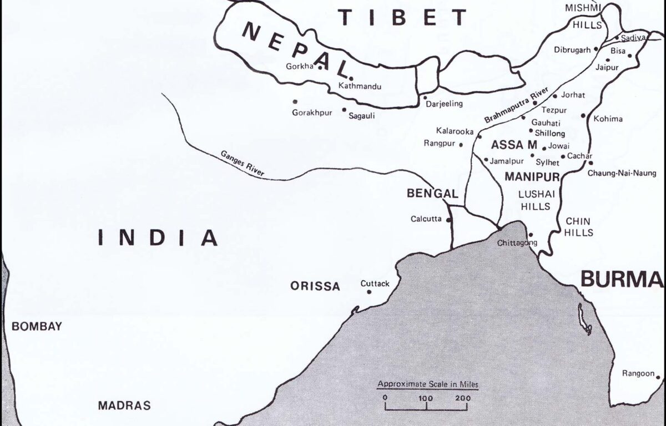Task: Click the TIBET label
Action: pyautogui.click(x=404, y=18)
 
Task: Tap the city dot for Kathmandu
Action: pyautogui.click(x=351, y=78)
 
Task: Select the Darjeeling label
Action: pyautogui.click(x=443, y=104)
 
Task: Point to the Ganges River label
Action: pyautogui.click(x=242, y=164)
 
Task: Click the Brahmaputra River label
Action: pyautogui.click(x=517, y=105)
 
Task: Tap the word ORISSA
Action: pyautogui.click(x=315, y=286)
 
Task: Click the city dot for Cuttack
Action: pyautogui.click(x=369, y=292)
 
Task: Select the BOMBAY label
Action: pyautogui.click(x=37, y=326)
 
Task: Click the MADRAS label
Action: pyautogui.click(x=124, y=405)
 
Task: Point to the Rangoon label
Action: pyautogui.click(x=638, y=373)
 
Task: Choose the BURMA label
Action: pyautogui.click(x=622, y=280)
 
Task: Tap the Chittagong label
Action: pyautogui.click(x=517, y=243)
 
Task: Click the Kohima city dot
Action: pyautogui.click(x=583, y=116)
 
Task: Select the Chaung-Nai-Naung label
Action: pyautogui.click(x=622, y=173)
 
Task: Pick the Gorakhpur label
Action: pyautogui.click(x=312, y=113)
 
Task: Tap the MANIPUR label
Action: pyautogui.click(x=532, y=176)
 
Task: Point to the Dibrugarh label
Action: pyautogui.click(x=572, y=50)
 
